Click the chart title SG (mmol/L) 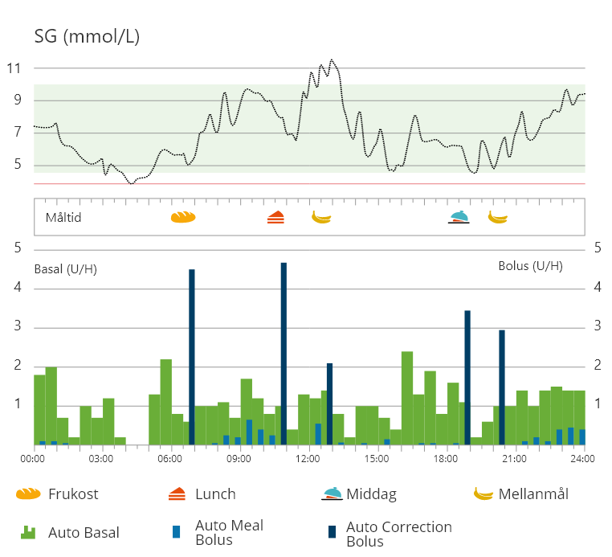tap(87, 36)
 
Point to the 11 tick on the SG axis tap(13, 68)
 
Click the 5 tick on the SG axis tap(13, 166)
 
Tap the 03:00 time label tap(100, 459)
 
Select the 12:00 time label tap(308, 459)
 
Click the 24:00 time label tap(582, 459)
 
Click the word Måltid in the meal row tap(63, 217)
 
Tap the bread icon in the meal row tap(183, 217)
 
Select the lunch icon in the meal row tap(275, 217)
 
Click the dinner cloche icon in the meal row tap(459, 216)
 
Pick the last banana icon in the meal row tap(498, 216)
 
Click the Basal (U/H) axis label tap(66, 268)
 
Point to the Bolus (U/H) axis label tap(530, 266)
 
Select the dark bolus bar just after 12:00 tap(329, 403)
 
